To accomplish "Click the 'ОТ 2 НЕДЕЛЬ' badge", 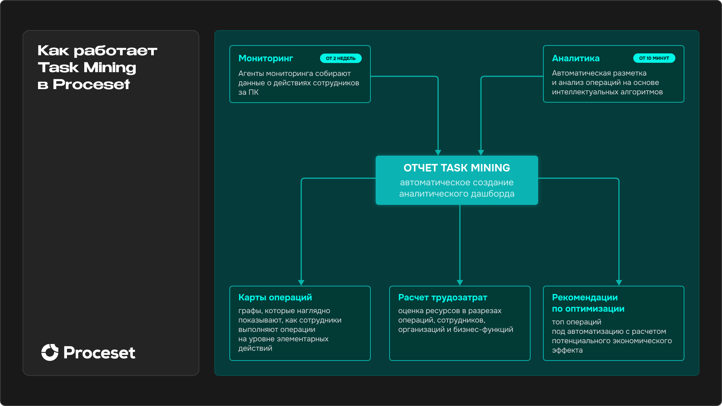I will point(340,58).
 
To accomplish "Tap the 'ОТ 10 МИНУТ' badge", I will point(654,58).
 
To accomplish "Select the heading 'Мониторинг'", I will point(265,58).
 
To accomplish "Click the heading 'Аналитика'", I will point(575,58).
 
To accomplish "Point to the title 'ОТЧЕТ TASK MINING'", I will point(457,168).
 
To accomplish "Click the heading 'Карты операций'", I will point(275,297).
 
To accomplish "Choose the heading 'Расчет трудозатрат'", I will point(442,297).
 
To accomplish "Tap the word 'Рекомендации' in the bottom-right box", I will point(584,297).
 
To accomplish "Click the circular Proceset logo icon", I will point(50,352).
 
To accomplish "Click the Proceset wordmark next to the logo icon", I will point(99,353).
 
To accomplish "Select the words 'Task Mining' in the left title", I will point(87,68).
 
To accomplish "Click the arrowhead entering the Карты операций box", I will point(301,282).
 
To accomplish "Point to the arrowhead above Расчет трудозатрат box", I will point(460,282).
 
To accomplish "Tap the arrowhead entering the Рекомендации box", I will point(619,282).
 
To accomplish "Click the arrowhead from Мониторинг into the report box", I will point(438,152).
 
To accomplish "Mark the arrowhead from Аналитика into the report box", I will point(481,152).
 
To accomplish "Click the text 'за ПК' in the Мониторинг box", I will point(248,92).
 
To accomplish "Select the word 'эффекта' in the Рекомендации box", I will point(567,350).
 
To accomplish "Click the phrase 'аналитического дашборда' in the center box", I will point(457,194).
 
